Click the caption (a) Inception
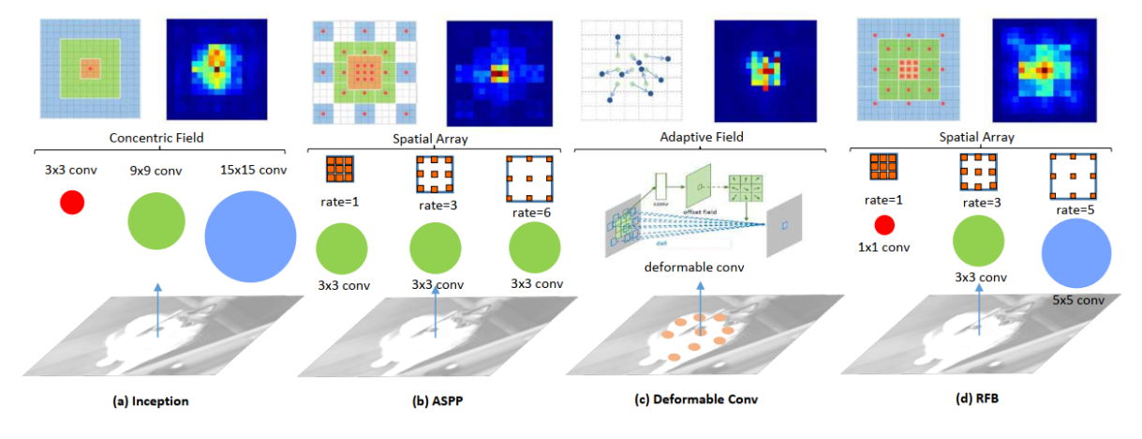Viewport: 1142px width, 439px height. tap(151, 401)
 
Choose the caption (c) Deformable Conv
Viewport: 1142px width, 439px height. tap(697, 401)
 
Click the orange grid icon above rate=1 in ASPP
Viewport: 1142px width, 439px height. tap(339, 170)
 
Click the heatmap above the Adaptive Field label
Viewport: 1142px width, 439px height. tap(763, 69)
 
